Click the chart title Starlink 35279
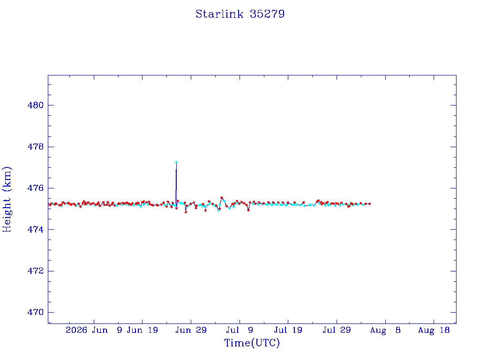(x=240, y=14)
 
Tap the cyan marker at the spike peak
(x=176, y=162)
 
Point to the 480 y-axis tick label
(x=36, y=105)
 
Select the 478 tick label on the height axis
(x=36, y=147)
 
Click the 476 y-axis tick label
(x=36, y=188)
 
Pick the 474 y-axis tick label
(x=36, y=230)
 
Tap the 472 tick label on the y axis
(x=36, y=271)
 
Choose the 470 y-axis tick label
(x=36, y=312)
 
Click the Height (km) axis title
(x=7, y=199)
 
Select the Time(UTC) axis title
(x=252, y=343)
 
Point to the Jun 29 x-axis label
(x=191, y=330)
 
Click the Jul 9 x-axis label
(x=240, y=330)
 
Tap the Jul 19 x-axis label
(x=288, y=330)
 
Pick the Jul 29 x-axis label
(x=337, y=330)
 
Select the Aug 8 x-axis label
(x=385, y=330)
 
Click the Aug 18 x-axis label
(x=434, y=330)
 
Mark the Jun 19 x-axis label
(x=142, y=330)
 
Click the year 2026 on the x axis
(x=76, y=330)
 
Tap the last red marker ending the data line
(x=370, y=203)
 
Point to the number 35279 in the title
(x=267, y=14)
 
